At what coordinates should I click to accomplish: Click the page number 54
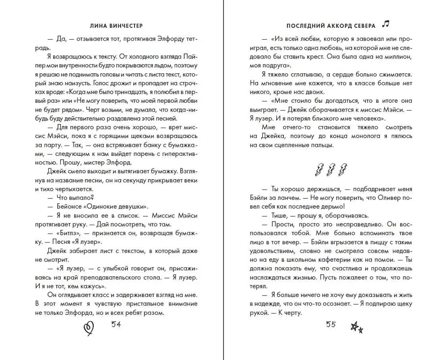pyautogui.click(x=116, y=325)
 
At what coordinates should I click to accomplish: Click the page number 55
pyautogui.click(x=330, y=325)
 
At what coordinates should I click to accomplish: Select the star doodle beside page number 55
pyautogui.click(x=356, y=328)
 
